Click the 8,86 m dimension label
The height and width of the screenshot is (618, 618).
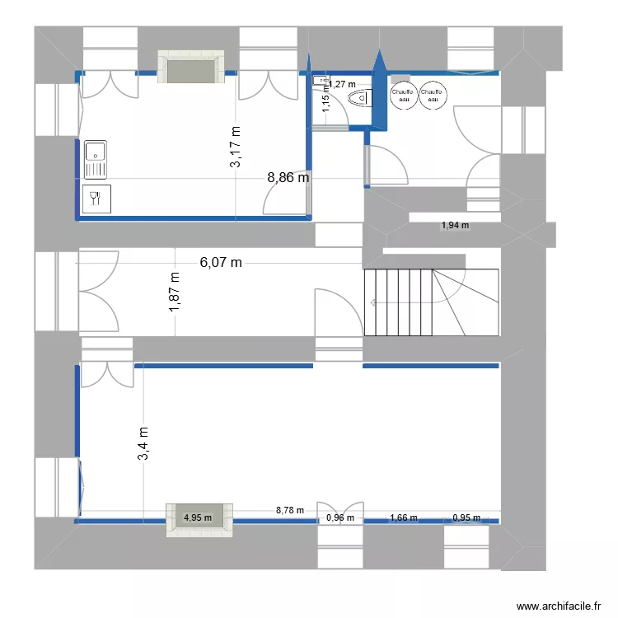coord(288,176)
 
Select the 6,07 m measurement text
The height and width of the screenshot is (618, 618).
coord(222,263)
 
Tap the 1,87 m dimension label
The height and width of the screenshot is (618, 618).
coord(175,293)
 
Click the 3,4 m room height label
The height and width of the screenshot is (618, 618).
coord(143,444)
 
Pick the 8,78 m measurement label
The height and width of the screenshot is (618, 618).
coord(289,510)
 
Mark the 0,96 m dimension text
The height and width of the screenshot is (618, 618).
coord(340,518)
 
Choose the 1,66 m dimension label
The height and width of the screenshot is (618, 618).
coord(403,518)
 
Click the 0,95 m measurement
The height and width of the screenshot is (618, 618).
coord(466,518)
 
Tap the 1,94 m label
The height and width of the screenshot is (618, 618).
coord(454,225)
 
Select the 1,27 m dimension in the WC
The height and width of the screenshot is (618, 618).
coord(344,84)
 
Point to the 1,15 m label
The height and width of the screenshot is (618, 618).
coord(325,102)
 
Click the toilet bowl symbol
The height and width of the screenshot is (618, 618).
coord(360,100)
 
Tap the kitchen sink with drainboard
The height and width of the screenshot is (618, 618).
coord(96,159)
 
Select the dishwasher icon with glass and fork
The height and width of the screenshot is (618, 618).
coord(96,198)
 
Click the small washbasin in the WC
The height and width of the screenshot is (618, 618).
coord(318,80)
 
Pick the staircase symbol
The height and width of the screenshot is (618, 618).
coord(431,302)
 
